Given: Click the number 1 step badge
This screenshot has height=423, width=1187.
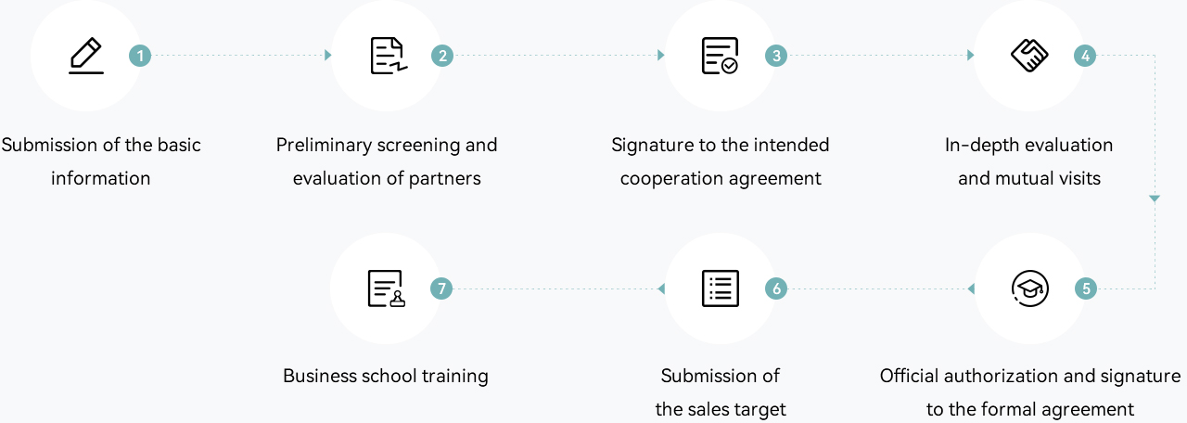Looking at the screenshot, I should pos(140,56).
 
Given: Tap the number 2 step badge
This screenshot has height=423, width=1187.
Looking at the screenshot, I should pos(442,56).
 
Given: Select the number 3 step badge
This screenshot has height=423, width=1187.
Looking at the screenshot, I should pos(775,56).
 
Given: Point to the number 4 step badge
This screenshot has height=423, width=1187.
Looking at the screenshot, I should pos(1084,56).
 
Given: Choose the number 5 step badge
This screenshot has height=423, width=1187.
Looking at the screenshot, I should pos(1085,288).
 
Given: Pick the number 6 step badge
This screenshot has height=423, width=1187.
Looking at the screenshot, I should pos(775,288).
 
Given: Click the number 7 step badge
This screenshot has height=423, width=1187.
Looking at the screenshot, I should pos(441,288).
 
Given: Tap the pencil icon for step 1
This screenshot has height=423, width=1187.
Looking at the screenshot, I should pos(86,56).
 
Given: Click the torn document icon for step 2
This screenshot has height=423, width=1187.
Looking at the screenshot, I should pos(388,56).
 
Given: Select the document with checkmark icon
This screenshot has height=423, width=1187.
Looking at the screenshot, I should pos(720,56).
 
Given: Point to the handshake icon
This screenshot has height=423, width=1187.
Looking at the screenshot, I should pos(1028,56).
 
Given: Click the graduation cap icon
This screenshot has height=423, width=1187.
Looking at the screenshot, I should pos(1028,288).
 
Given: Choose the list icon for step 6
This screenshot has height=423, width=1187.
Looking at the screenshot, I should pos(720,288).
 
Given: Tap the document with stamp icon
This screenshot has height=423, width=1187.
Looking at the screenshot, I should pos(386,288).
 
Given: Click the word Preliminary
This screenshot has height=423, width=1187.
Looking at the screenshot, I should pos(323,146).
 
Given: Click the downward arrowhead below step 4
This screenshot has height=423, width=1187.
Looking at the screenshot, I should pos(1155,199).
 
